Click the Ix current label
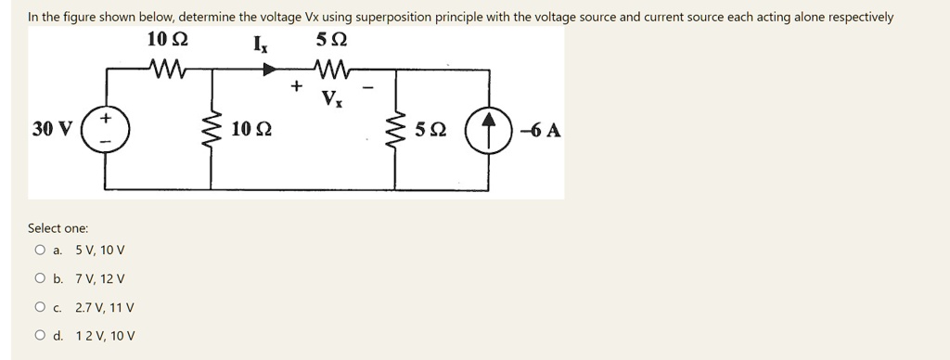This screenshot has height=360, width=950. click(x=260, y=43)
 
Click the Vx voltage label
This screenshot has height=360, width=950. click(x=331, y=99)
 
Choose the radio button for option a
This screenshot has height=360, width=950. click(x=40, y=250)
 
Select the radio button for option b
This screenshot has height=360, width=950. click(x=40, y=278)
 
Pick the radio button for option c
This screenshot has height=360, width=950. click(x=40, y=307)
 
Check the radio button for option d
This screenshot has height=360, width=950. click(x=40, y=336)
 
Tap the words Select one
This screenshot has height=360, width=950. click(x=58, y=228)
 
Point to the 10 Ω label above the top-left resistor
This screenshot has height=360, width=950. click(x=167, y=41)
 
